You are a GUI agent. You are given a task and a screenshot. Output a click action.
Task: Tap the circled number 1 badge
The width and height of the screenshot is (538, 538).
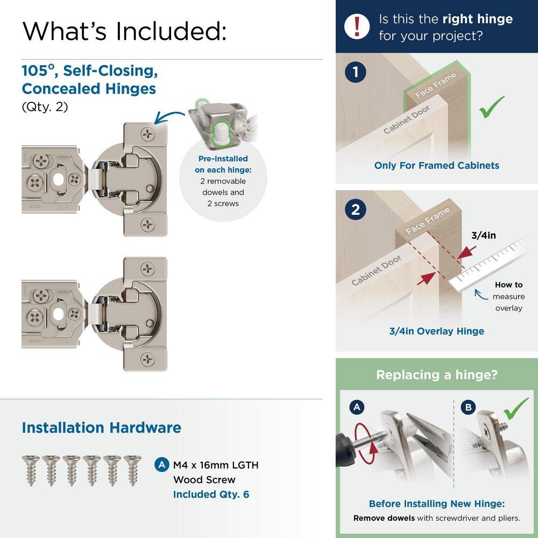[x=355, y=73]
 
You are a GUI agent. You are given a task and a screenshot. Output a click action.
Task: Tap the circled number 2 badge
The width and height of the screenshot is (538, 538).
[x=355, y=210]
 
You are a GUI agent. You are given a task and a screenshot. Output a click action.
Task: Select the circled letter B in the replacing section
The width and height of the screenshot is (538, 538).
[x=468, y=408]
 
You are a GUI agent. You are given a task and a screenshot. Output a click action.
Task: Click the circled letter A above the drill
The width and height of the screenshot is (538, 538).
[x=355, y=408]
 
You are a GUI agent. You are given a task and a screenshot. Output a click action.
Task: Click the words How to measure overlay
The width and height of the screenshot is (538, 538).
[x=508, y=296]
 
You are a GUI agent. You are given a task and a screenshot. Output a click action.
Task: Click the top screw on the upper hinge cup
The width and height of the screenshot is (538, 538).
[x=147, y=132]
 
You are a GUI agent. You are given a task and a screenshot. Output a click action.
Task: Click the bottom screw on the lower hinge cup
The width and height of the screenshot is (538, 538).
[x=147, y=359]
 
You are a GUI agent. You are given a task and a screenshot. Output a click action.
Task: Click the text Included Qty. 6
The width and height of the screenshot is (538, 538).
[x=211, y=494]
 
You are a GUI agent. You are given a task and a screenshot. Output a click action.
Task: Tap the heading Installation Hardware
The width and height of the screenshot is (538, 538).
[x=101, y=428]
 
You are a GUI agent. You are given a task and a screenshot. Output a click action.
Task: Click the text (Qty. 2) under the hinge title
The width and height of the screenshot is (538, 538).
[x=45, y=107]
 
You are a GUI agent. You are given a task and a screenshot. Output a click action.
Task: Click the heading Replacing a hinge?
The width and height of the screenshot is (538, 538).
[x=436, y=375]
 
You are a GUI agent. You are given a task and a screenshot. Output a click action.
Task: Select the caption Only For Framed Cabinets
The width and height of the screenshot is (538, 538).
[x=436, y=165]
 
